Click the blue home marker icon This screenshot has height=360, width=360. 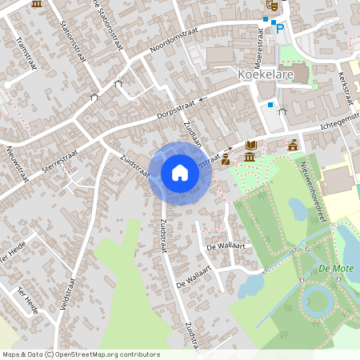180,172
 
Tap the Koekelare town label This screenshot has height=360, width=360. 266,74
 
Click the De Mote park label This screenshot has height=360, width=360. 334,269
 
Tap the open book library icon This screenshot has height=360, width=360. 251,145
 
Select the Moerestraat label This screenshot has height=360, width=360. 258,47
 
